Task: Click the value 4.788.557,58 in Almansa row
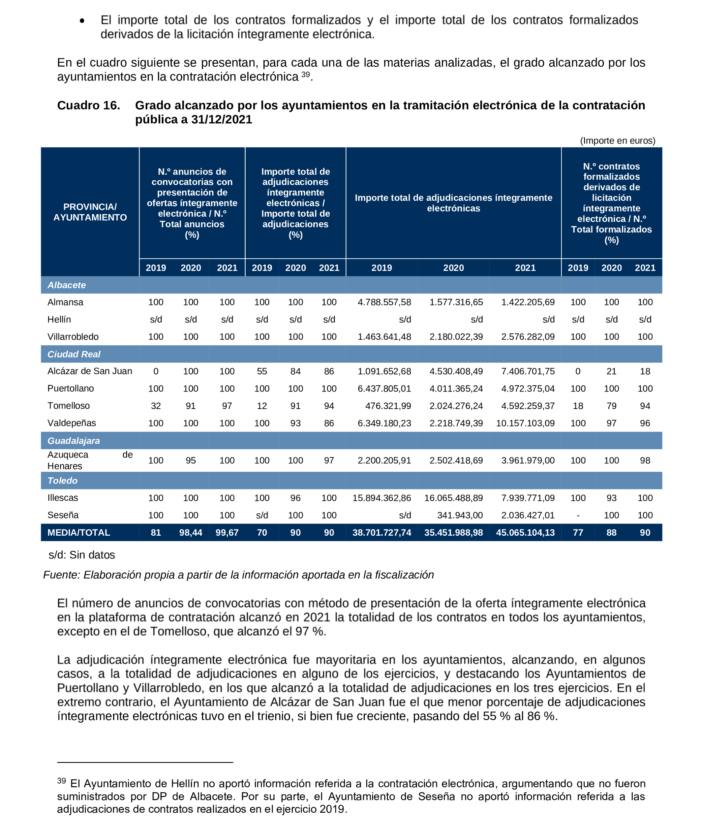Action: tap(384, 302)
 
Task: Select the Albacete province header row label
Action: tap(66, 285)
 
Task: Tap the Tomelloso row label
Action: tap(68, 405)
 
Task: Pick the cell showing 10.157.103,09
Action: tap(525, 423)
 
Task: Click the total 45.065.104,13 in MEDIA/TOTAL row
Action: tap(525, 533)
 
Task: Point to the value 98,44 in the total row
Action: tap(191, 533)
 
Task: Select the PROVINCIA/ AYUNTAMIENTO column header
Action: tap(90, 212)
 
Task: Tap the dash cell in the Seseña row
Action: tap(578, 515)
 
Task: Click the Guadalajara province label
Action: tap(74, 441)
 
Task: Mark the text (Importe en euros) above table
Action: tap(617, 141)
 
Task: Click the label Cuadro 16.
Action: tap(88, 106)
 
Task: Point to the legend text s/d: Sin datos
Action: tap(82, 555)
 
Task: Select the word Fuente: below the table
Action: tap(62, 575)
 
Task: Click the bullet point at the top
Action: tap(82, 21)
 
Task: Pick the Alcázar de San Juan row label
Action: tap(90, 371)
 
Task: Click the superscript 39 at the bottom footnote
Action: tap(61, 780)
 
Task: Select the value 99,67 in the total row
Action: tap(227, 533)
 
